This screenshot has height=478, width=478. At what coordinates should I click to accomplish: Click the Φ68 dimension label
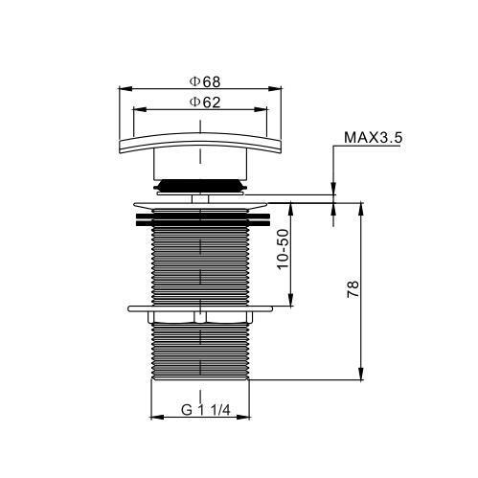coord(205,81)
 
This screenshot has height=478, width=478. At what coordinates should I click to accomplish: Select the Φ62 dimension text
coord(205,102)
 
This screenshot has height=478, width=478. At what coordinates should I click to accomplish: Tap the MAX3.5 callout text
coord(373,138)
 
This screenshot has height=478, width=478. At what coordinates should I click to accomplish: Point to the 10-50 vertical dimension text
coord(284,249)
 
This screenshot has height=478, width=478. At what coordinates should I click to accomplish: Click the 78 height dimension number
coord(353,289)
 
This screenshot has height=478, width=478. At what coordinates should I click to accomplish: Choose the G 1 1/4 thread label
coord(206,410)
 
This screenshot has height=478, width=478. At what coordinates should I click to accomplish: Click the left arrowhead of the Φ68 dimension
coord(125,88)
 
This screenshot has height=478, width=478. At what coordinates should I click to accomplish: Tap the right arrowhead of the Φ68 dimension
coord(275,88)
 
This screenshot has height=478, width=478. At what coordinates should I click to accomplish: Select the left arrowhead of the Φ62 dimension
coord(139,109)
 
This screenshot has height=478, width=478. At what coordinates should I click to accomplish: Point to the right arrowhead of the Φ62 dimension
coord(261,109)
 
